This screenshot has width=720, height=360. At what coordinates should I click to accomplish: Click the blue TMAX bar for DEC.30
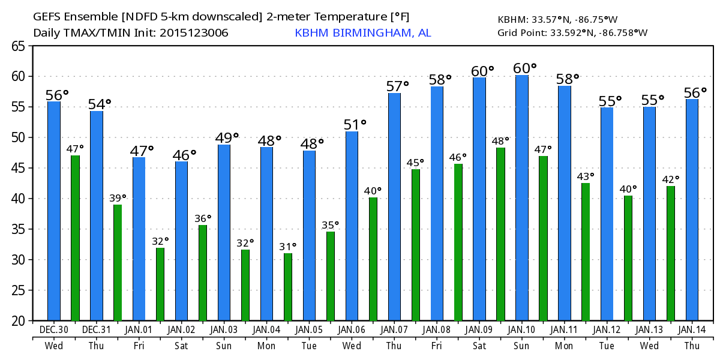[54, 210]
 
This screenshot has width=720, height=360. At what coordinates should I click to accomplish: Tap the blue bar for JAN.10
[522, 198]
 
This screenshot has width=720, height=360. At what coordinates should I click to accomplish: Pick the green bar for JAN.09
[501, 234]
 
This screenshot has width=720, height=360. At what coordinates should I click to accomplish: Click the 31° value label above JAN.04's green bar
[288, 247]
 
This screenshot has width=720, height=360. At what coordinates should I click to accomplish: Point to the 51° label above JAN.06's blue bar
[355, 124]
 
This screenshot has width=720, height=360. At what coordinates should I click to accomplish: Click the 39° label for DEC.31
[118, 197]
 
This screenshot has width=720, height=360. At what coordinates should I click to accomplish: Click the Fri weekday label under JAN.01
[139, 346]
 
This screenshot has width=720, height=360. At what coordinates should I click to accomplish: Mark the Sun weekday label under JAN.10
[522, 346]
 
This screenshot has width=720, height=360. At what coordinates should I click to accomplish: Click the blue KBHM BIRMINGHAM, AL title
[362, 33]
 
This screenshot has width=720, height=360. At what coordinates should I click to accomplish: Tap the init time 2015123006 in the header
[194, 33]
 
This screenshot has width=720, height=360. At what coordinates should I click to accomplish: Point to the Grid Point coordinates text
[572, 32]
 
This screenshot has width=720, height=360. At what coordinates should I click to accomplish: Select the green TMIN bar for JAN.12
[628, 258]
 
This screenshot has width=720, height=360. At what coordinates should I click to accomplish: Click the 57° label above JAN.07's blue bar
[397, 86]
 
